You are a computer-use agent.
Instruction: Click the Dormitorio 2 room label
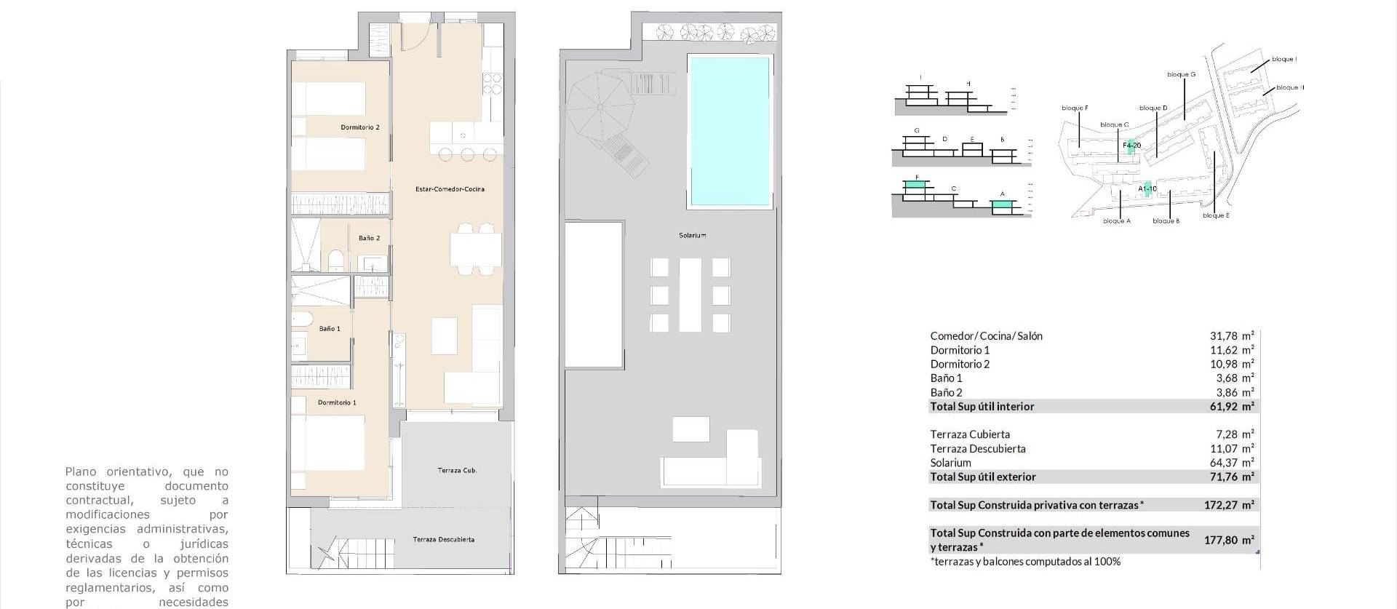tap(360, 127)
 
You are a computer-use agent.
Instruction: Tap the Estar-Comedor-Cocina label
tap(450, 189)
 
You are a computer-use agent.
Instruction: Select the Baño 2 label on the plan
tap(369, 238)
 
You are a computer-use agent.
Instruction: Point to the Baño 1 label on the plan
tap(330, 329)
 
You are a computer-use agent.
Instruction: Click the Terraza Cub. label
tap(457, 471)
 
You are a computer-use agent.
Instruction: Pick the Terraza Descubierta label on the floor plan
tap(443, 539)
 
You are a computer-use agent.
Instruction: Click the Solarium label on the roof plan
tap(692, 235)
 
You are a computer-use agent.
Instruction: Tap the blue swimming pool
tap(729, 131)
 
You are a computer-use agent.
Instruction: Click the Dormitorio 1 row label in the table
tap(960, 350)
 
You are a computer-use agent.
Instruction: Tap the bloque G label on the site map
tap(1181, 74)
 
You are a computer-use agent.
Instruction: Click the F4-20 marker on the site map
tap(1131, 146)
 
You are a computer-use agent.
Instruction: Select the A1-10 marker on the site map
tap(1147, 188)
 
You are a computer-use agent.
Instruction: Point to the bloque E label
tap(1216, 215)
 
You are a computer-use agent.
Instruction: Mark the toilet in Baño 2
tap(336, 260)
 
